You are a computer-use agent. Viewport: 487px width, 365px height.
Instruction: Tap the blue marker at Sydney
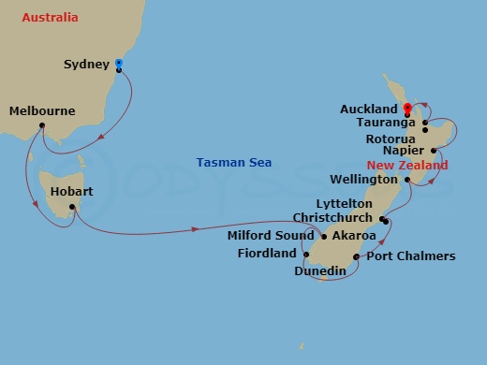[119, 65]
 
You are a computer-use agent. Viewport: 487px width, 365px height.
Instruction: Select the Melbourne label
[41, 111]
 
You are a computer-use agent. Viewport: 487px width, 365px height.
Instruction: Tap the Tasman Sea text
[233, 163]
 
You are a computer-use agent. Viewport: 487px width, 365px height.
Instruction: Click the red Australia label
[50, 18]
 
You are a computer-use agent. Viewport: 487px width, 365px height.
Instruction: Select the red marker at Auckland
[406, 109]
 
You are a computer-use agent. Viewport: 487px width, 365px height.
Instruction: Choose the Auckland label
[370, 109]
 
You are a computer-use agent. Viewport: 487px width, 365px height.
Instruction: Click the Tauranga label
[390, 123]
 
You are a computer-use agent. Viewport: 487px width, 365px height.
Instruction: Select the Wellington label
[365, 179]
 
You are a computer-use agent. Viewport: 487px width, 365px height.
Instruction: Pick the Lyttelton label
[345, 204]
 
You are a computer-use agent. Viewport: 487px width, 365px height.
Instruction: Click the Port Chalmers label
[410, 255]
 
